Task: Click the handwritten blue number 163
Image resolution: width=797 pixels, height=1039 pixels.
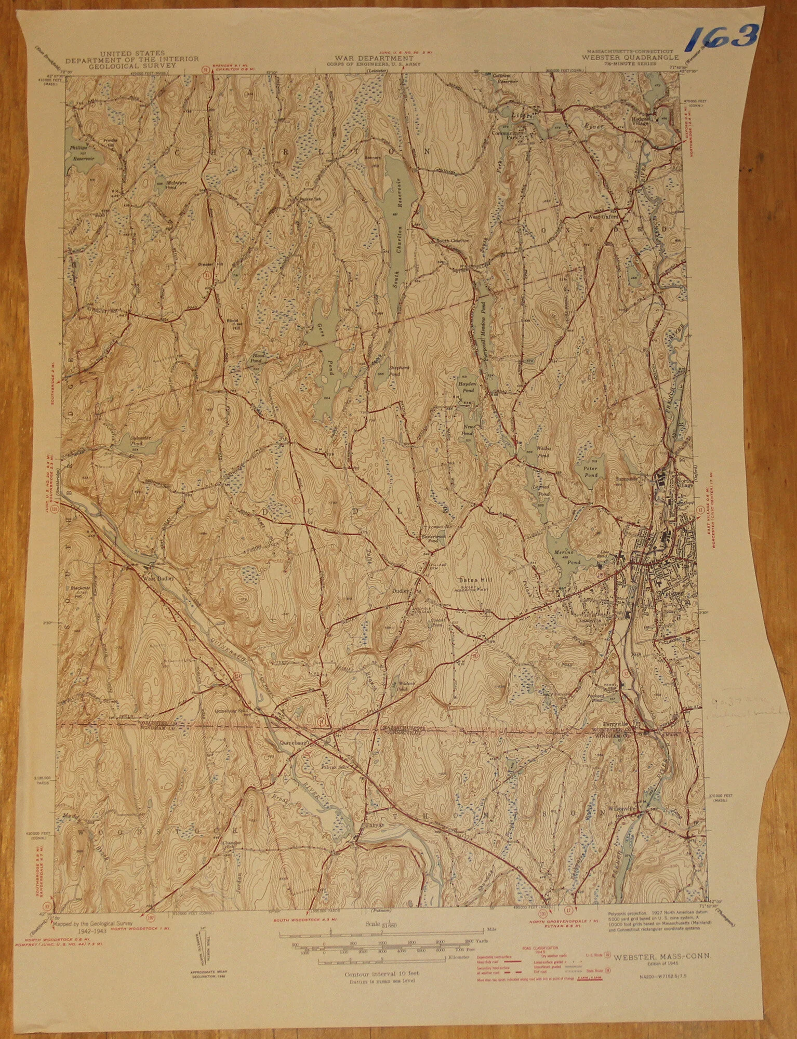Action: [x=723, y=37]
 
